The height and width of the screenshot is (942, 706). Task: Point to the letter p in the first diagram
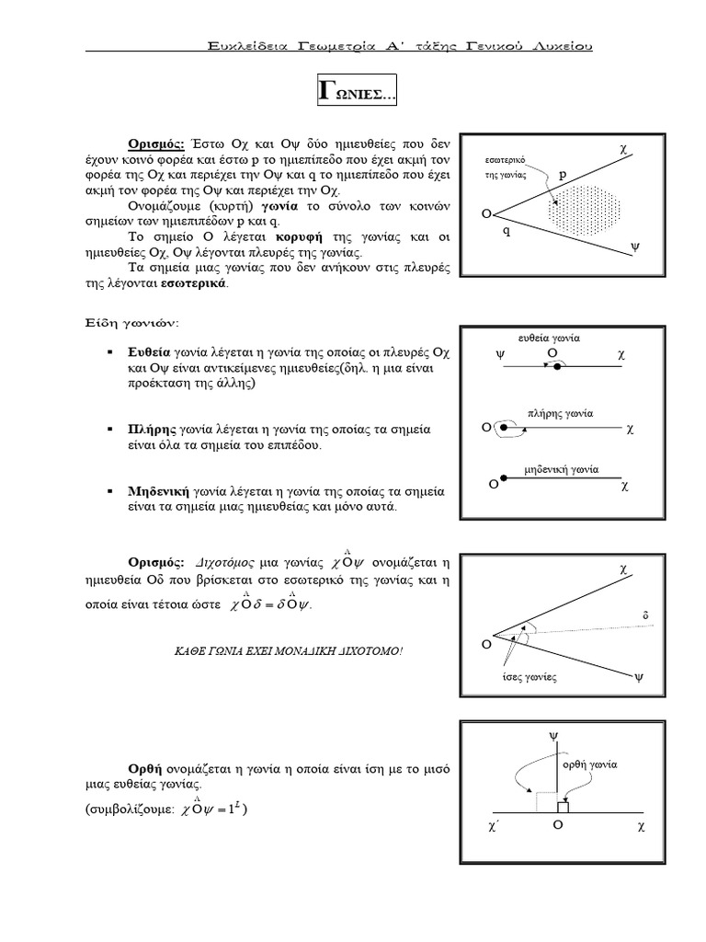(x=564, y=173)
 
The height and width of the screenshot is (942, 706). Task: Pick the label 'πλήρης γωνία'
(x=561, y=413)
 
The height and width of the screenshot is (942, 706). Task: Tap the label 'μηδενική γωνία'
(x=561, y=468)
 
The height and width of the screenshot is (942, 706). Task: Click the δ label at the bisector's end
(x=645, y=615)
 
